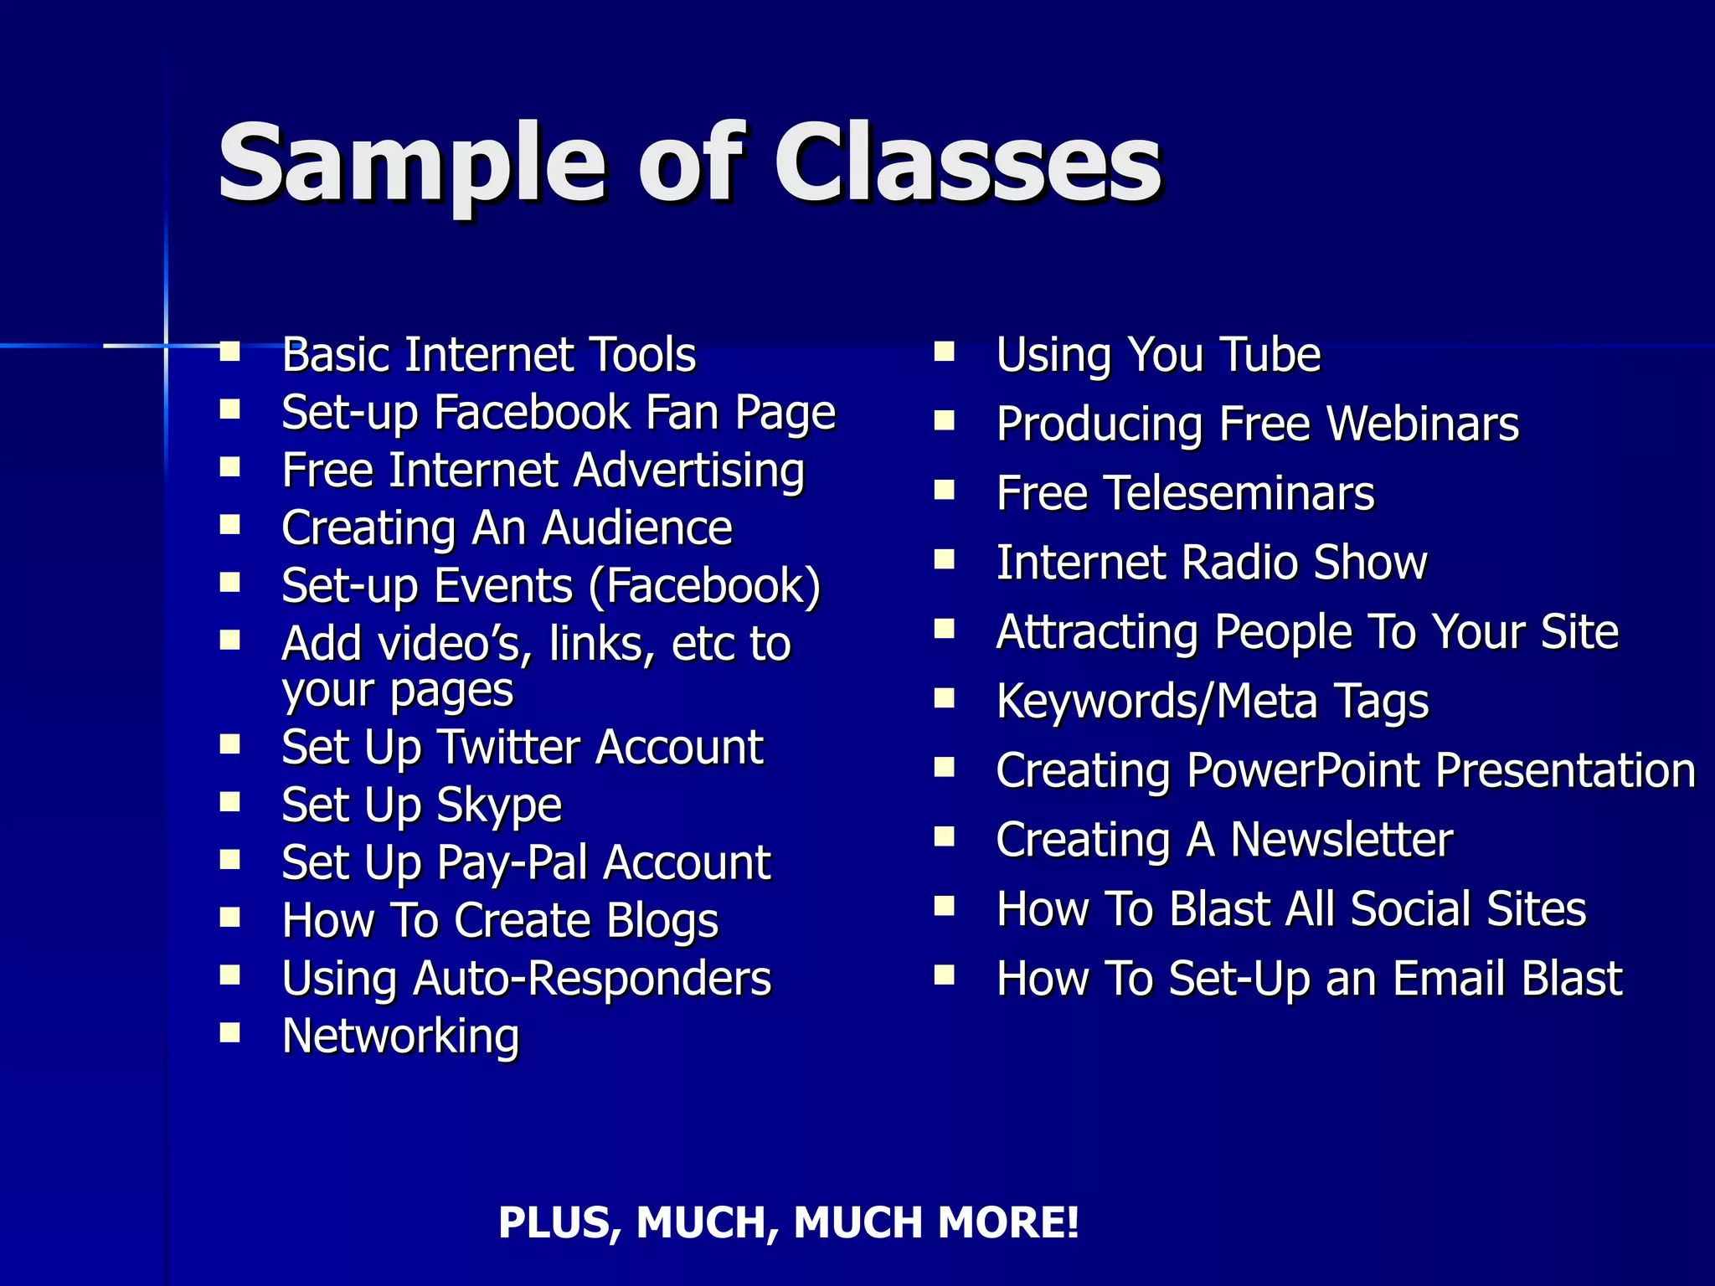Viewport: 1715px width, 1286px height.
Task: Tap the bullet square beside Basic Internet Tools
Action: (230, 351)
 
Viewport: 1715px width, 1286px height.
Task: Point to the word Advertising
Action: (689, 471)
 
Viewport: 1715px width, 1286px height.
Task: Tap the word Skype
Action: (499, 806)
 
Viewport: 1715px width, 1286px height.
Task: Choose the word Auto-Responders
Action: (592, 979)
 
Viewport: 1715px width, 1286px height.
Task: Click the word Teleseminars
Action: (1239, 494)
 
